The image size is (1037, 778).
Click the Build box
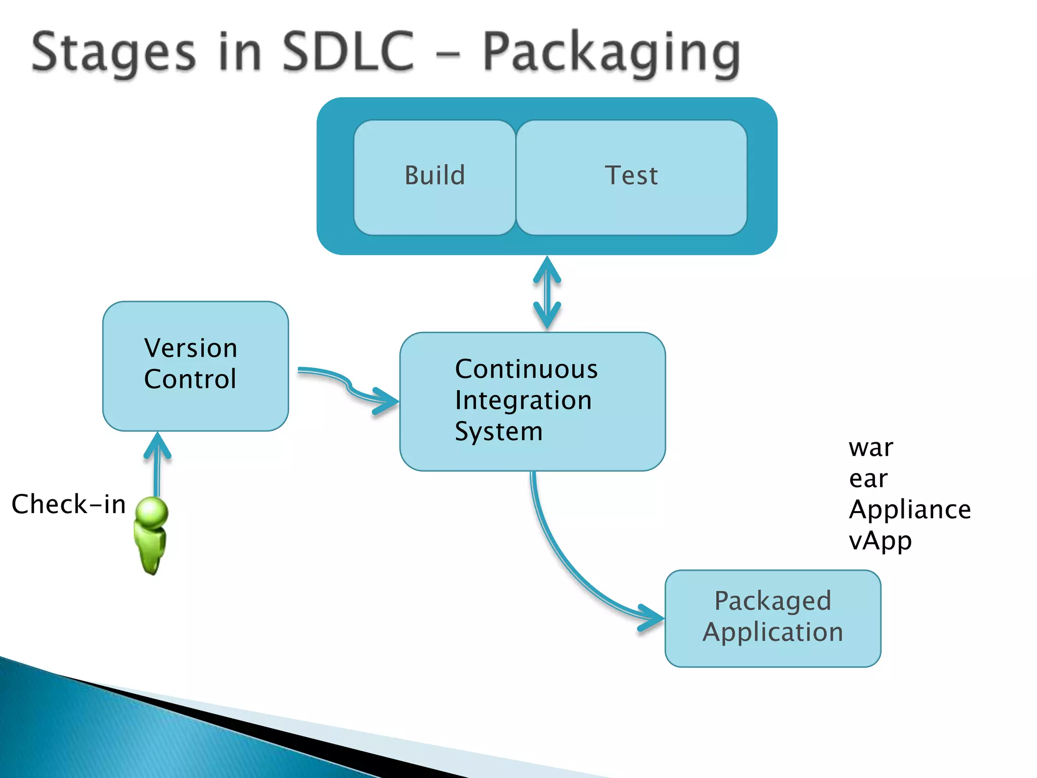point(434,177)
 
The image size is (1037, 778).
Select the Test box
point(631,177)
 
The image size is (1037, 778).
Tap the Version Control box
point(195,366)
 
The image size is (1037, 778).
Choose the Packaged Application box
point(773,618)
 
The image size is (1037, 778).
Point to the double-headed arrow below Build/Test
point(547,293)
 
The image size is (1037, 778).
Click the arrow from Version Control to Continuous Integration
point(349,386)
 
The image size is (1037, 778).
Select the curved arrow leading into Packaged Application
point(567,567)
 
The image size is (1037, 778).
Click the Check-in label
point(68,504)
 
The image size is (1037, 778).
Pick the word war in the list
point(871,448)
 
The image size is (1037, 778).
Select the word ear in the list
point(868,479)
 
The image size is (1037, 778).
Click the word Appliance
point(909,510)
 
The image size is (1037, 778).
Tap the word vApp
point(880,541)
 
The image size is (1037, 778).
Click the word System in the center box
point(498,432)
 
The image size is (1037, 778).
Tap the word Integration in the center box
point(523,400)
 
